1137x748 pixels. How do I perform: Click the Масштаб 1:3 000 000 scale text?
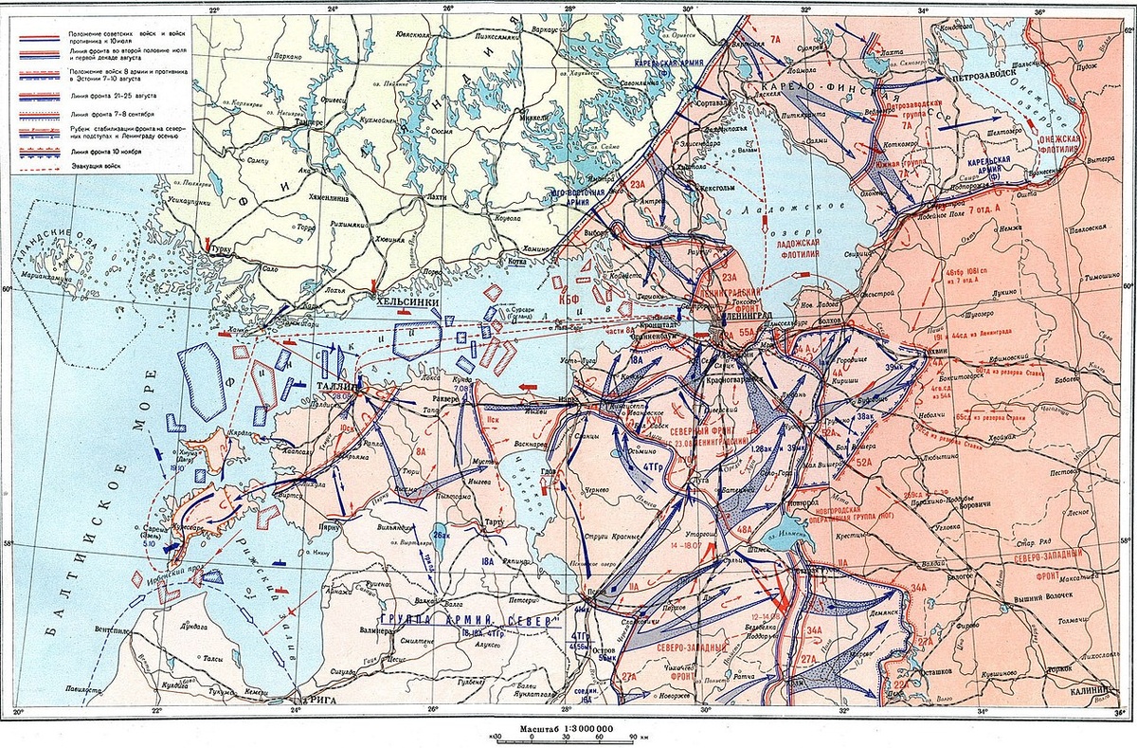tap(567, 727)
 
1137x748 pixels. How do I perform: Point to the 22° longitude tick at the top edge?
tap(214, 9)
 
